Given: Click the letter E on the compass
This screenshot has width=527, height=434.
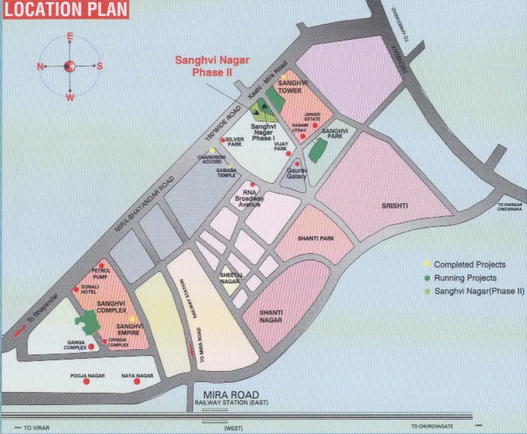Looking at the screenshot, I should [70, 36].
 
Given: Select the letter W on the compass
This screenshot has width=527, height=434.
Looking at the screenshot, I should [70, 97].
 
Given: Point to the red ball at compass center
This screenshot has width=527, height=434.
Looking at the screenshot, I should [70, 66].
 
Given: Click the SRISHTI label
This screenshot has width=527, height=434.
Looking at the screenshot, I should [395, 206].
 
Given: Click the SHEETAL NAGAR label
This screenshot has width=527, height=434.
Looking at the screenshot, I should [231, 279].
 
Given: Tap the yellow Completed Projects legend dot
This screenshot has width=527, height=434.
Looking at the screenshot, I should [427, 265].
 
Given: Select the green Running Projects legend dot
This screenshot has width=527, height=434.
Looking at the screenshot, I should [427, 278].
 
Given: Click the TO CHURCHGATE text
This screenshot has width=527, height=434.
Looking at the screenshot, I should [434, 427].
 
